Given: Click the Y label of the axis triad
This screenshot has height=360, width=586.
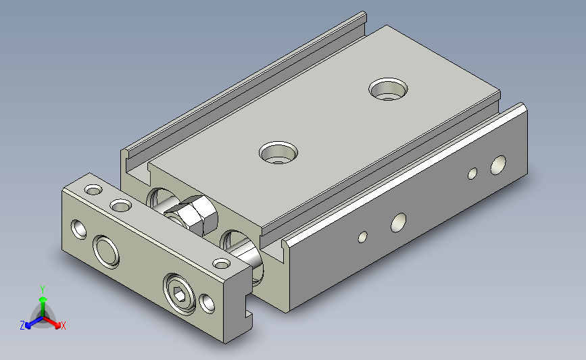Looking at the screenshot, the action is tap(43, 290).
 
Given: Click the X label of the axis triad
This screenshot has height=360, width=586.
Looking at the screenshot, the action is tap(63, 326).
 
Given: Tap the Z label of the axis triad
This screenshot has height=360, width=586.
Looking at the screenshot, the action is tap(22, 326).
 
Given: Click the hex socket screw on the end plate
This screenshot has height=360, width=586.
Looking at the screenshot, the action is tap(179, 294).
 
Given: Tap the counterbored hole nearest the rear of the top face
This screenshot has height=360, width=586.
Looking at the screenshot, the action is tap(388, 89).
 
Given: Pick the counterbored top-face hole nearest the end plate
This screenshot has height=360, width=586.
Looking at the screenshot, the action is tap(278, 153).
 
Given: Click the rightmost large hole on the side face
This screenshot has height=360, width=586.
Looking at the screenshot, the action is tap(498, 165).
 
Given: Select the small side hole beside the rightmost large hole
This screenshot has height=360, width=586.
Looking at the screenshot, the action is tap(472, 174).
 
